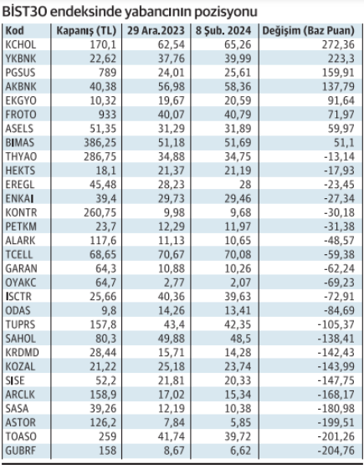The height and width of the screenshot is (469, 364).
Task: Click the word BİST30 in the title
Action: pyautogui.click(x=24, y=12)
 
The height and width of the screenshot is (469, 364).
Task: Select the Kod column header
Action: pyautogui.click(x=15, y=30)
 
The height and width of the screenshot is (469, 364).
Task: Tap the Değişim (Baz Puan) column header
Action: pyautogui.click(x=308, y=31)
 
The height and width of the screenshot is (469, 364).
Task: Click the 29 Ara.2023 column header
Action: pyautogui.click(x=156, y=31)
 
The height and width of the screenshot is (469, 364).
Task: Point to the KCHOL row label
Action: pyautogui.click(x=21, y=45)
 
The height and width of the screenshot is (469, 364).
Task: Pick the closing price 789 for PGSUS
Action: pyautogui.click(x=107, y=73)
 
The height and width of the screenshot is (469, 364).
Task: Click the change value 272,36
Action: pyautogui.click(x=338, y=45)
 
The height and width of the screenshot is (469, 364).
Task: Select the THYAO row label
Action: pyautogui.click(x=21, y=156)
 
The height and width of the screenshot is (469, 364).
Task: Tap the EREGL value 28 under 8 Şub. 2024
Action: pyautogui.click(x=245, y=185)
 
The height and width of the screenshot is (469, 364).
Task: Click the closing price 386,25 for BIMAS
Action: pyautogui.click(x=100, y=143)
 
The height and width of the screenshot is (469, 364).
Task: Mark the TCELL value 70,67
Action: pyautogui.click(x=172, y=254)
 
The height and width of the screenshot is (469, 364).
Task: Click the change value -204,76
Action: pyautogui.click(x=336, y=451)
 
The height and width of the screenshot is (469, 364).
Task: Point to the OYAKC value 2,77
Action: pyautogui.click(x=175, y=283)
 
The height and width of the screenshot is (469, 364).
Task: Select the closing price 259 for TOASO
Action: pyautogui.click(x=107, y=436)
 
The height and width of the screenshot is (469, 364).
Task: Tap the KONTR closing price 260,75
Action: pyautogui.click(x=100, y=212)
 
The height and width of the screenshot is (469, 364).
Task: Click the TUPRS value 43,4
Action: pyautogui.click(x=174, y=324)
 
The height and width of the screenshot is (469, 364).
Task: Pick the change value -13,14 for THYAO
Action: pyautogui.click(x=339, y=156)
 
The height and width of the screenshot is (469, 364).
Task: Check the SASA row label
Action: pyautogui.click(x=17, y=409)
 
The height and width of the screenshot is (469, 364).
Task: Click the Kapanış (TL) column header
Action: pyautogui.click(x=86, y=31)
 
